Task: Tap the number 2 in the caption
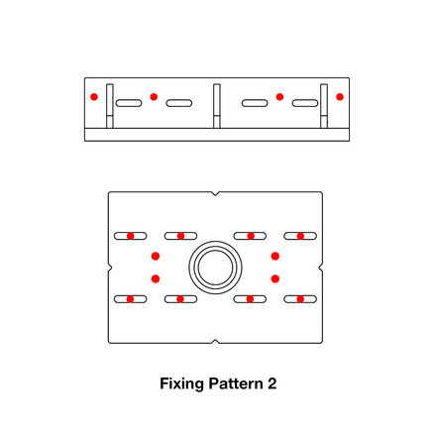click(x=272, y=381)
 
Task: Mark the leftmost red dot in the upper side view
click(x=93, y=97)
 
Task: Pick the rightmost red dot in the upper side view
click(x=340, y=97)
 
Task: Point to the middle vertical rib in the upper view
click(x=216, y=106)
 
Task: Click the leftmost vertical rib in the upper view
click(x=110, y=106)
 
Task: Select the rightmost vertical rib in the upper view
click(x=323, y=106)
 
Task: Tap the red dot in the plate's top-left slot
click(x=130, y=236)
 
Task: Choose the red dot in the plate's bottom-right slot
click(x=301, y=298)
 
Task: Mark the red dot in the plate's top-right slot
click(x=301, y=236)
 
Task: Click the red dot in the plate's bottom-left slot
click(x=130, y=298)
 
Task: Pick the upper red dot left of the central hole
click(x=156, y=257)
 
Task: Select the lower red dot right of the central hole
click(x=275, y=278)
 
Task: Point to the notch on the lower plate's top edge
click(x=216, y=192)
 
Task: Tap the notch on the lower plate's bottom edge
click(x=216, y=342)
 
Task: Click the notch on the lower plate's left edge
click(x=109, y=267)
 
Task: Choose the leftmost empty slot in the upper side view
click(x=130, y=102)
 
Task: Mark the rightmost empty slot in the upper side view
click(x=305, y=102)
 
